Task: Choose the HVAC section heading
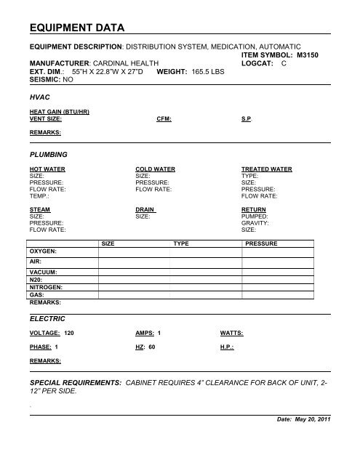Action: click(40, 96)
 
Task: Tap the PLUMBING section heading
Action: click(48, 155)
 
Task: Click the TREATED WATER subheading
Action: click(266, 169)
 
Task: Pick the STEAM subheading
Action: click(41, 210)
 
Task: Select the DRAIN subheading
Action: click(147, 210)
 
